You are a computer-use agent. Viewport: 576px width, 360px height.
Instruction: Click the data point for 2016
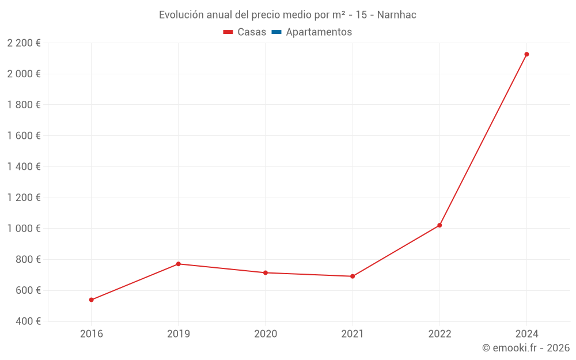coord(92,300)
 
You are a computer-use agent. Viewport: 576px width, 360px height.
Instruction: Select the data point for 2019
coord(179,264)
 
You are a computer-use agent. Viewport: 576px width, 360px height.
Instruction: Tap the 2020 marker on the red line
coord(266,272)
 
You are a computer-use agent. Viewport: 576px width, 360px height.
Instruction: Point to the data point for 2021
coord(353,276)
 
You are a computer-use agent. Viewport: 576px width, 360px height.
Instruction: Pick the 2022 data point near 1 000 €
coord(439,225)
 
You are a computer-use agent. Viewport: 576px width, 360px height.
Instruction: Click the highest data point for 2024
coord(526,54)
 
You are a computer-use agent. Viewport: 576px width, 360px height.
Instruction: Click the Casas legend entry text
coord(252,32)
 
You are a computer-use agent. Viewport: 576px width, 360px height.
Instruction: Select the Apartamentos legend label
coord(319,32)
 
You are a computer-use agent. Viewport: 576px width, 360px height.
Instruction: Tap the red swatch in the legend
coord(228,32)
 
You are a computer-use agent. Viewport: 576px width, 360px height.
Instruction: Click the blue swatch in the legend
coord(276,32)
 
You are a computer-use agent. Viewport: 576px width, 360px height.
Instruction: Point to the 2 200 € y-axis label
coord(24,43)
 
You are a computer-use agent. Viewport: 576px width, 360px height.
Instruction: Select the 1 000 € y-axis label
coord(24,229)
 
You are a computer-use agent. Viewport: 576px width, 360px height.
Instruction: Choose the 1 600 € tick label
coord(24,136)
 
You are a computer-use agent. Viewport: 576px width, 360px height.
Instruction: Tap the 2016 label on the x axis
coord(92,334)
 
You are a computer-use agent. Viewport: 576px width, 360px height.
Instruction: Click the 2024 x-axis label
coord(526,334)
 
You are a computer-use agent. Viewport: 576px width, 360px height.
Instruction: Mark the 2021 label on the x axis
coord(353,334)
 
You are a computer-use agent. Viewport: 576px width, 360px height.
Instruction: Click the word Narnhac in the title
coord(396,15)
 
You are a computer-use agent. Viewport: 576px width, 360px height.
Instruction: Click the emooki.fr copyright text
coord(526,348)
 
